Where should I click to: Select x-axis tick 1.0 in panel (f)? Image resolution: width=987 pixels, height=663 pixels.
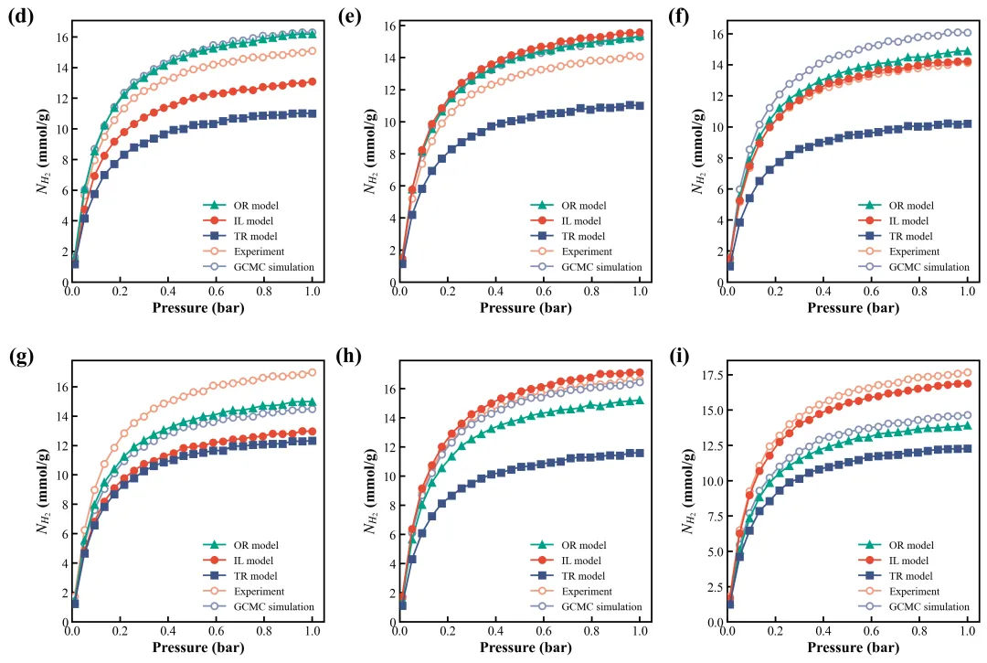(x=967, y=291)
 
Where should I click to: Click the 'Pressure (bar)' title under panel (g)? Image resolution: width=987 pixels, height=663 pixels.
(x=193, y=648)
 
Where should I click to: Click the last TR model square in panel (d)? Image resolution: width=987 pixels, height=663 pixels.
(x=313, y=113)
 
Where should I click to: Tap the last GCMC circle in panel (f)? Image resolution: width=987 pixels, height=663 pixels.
(x=967, y=33)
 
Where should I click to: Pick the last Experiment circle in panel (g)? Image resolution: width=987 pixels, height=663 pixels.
(x=313, y=372)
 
